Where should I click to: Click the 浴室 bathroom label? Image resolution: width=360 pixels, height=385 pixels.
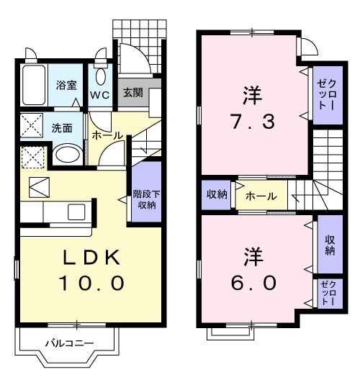click(66, 85)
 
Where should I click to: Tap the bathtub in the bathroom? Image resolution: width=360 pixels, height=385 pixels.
click(33, 85)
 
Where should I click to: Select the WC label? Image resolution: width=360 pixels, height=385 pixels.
click(99, 94)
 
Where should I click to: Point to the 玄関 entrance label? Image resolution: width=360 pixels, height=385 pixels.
click(132, 92)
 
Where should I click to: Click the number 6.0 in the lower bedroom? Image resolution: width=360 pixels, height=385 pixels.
click(251, 284)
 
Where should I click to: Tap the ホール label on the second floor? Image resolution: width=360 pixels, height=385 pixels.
click(259, 195)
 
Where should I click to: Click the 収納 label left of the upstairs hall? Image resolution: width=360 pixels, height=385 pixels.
click(217, 194)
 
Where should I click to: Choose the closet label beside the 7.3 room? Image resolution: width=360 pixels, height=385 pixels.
click(321, 94)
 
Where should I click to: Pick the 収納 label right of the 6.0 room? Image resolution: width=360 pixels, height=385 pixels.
click(330, 245)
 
